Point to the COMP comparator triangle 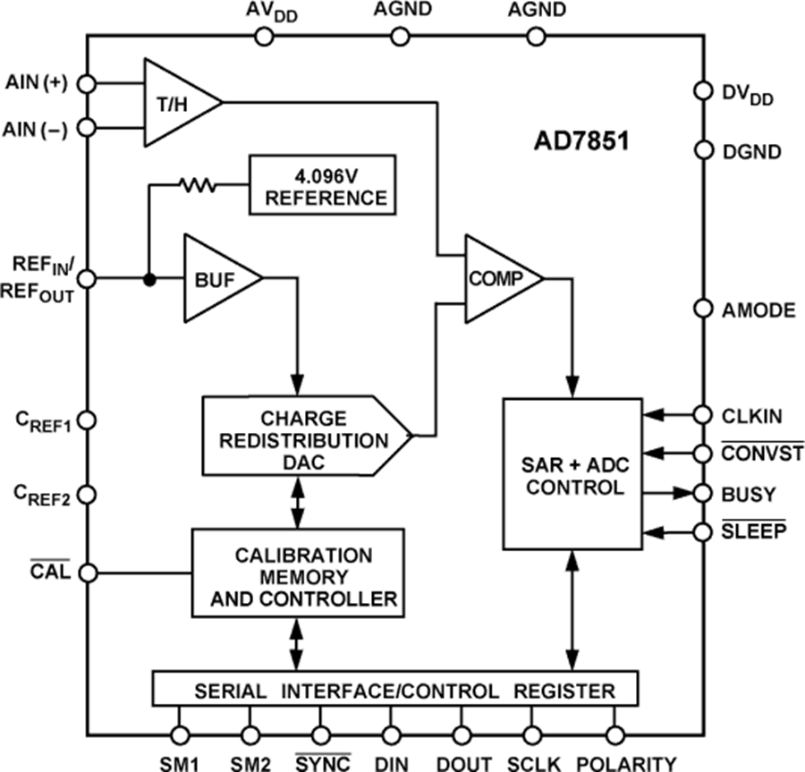(498, 278)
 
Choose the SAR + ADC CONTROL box (572, 473)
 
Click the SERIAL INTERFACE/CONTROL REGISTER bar (394, 690)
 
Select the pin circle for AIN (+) (87, 83)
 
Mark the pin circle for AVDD (263, 36)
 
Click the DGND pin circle (703, 150)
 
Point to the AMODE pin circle (703, 309)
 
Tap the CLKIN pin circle (703, 414)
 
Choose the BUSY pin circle (703, 492)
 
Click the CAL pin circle (87, 572)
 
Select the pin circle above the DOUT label (462, 735)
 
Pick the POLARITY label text (626, 763)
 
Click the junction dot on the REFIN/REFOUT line (148, 278)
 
